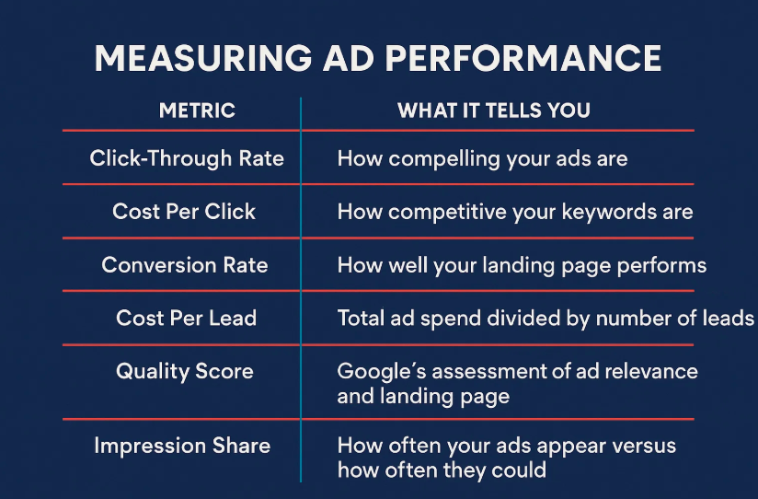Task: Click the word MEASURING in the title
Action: point(203,58)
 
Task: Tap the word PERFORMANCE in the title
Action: point(523,58)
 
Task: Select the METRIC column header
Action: point(197,110)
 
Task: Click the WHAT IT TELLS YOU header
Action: point(494,110)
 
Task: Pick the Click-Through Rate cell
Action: point(187,158)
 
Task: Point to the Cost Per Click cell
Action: point(184,212)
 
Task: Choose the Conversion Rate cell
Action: point(185,265)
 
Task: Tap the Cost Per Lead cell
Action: point(186,318)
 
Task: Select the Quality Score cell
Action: point(185,372)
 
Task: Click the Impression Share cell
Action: point(182,446)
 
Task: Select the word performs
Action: point(661,266)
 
